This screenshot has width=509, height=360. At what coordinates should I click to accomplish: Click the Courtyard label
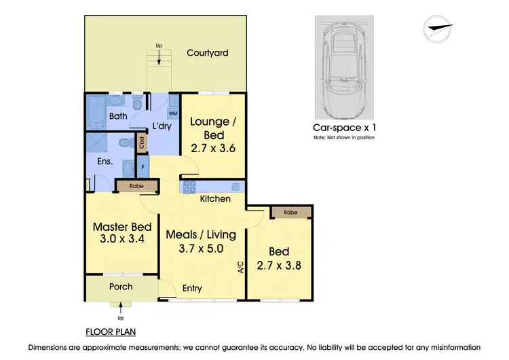208,52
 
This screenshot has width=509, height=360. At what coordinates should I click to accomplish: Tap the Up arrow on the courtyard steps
159,58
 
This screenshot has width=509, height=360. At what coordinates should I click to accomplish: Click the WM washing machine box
172,112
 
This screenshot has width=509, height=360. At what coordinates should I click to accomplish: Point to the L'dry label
162,126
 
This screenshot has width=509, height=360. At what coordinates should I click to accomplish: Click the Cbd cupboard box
142,143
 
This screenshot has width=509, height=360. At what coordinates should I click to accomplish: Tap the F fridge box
143,165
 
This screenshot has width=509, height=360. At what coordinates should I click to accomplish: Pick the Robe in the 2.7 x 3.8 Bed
291,212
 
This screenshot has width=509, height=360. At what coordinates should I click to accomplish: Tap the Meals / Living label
202,235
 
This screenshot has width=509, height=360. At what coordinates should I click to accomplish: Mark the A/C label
240,268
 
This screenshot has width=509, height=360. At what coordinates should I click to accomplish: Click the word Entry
192,288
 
